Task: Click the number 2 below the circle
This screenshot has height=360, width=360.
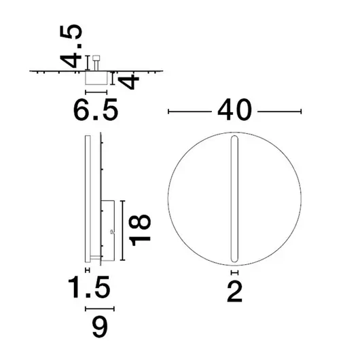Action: [x=235, y=291]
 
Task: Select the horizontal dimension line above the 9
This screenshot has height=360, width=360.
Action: [x=99, y=308]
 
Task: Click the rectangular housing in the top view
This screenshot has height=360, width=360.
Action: [x=95, y=79]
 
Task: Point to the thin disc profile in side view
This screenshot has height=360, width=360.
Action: [x=87, y=197]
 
